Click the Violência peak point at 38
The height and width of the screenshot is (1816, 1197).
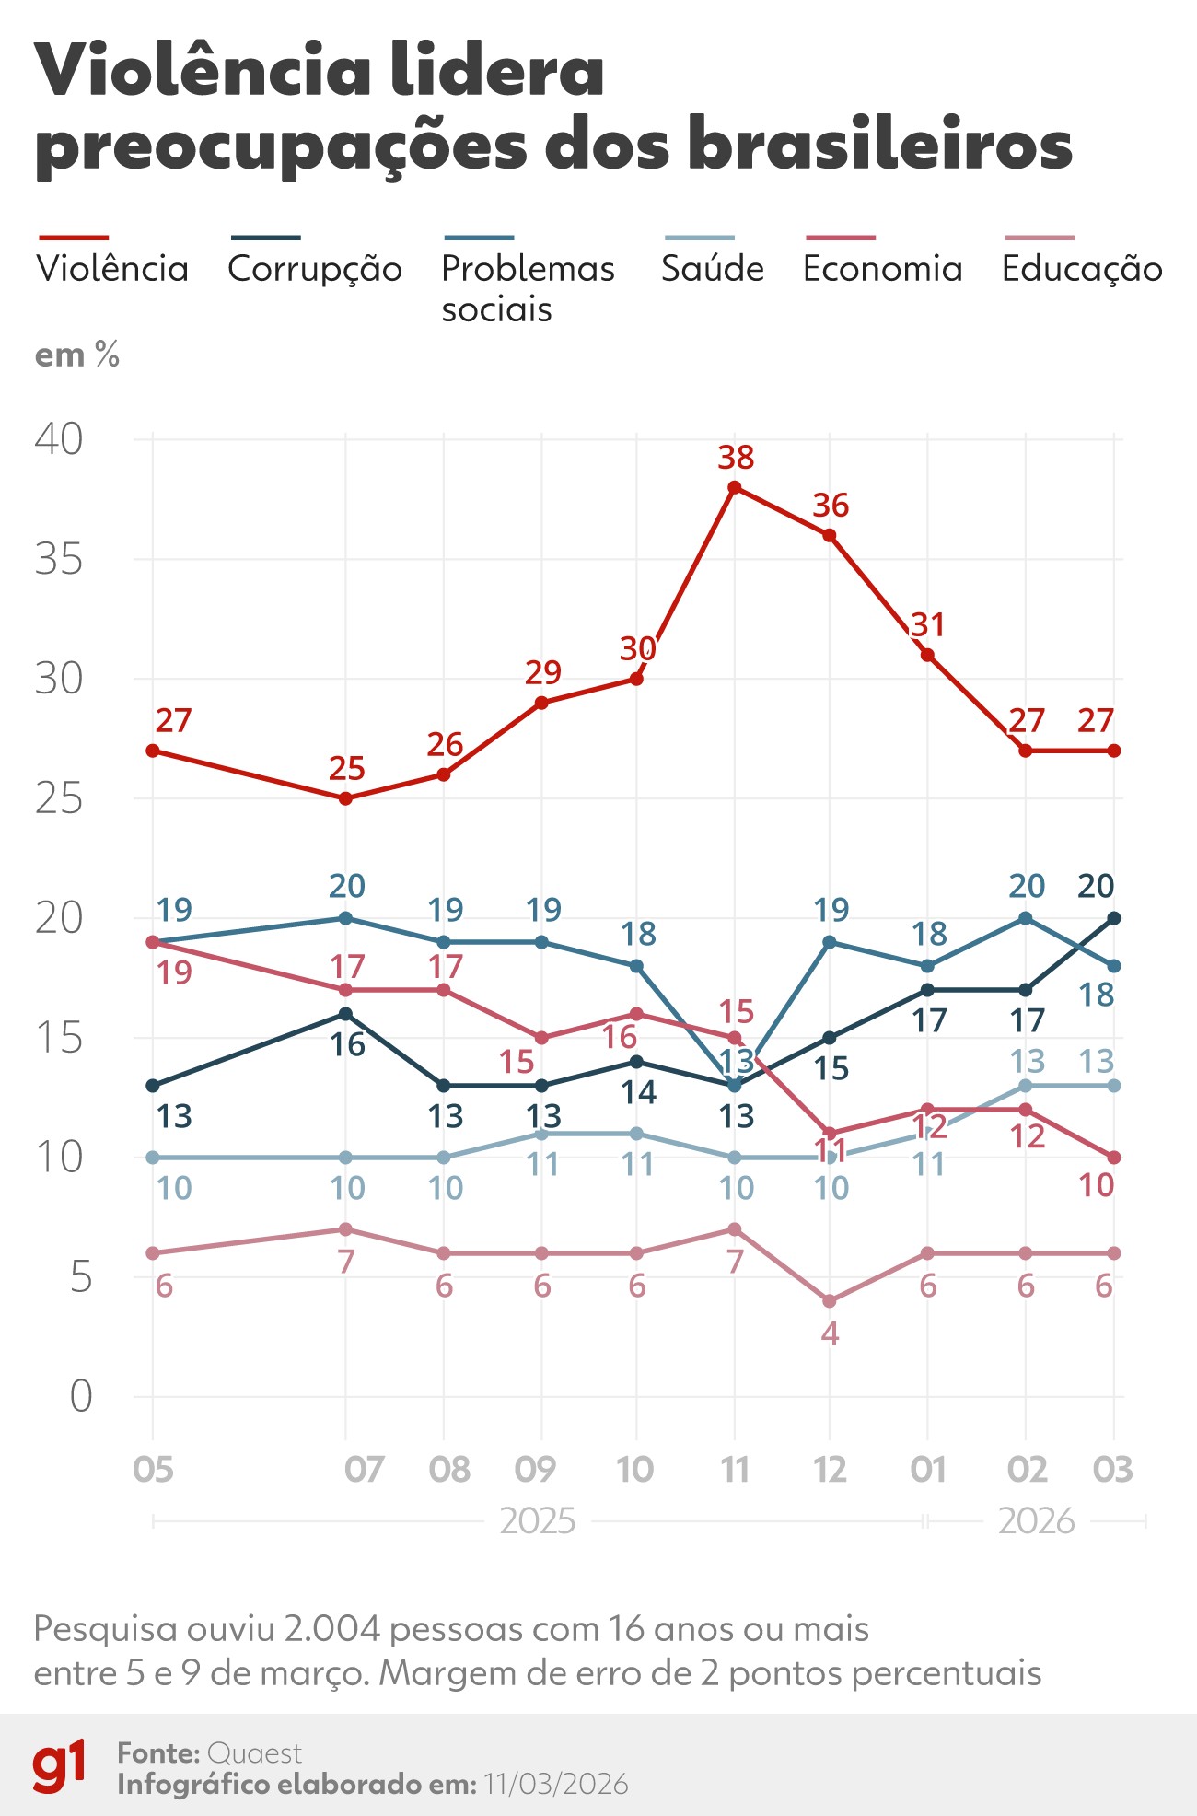click(735, 487)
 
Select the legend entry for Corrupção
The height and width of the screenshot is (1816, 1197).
click(315, 268)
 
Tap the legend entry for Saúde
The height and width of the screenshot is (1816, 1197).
click(713, 268)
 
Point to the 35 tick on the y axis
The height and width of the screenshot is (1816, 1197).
click(59, 559)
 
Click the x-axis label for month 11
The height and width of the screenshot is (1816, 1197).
click(735, 1469)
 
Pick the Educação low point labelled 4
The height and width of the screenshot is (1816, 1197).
click(830, 1300)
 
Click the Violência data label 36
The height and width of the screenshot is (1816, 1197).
click(830, 506)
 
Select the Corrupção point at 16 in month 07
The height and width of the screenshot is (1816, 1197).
click(346, 1014)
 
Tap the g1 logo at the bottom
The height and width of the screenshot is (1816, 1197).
click(60, 1766)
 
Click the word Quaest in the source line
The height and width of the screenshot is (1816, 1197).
click(255, 1752)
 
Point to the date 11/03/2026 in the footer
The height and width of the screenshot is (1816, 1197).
click(556, 1784)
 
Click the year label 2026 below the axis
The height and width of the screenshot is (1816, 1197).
click(1037, 1521)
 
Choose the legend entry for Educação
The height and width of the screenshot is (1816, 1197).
click(1082, 268)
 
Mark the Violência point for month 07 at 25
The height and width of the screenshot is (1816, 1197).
click(346, 798)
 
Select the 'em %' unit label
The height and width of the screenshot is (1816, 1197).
click(77, 355)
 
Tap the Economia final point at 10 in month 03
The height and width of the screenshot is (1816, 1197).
click(1114, 1157)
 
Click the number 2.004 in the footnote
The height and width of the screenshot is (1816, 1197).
click(332, 1629)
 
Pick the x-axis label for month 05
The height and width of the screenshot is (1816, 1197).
click(153, 1469)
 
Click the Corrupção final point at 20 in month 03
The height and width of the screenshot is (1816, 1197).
click(1114, 918)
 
